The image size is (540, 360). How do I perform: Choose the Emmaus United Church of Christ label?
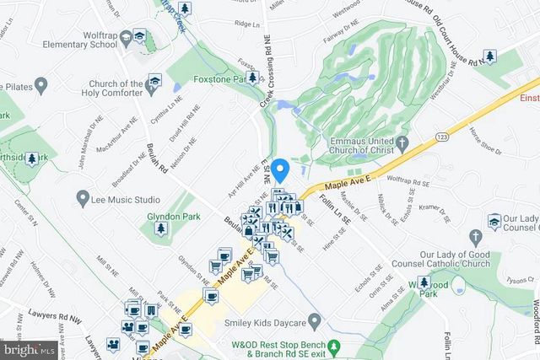[x=354, y=148]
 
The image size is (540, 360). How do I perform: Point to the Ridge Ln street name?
[x=246, y=48]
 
